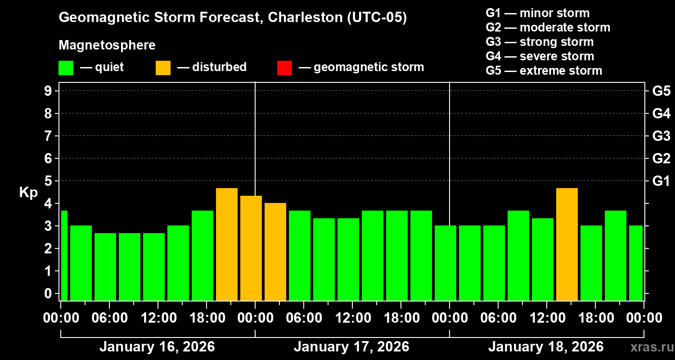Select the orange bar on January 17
point(275,252)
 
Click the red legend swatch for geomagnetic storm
point(284,67)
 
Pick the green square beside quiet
point(66,67)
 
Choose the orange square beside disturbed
point(163,67)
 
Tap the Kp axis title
point(28,193)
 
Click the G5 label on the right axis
point(661,91)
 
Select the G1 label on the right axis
point(661,181)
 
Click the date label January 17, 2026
point(351,347)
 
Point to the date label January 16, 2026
point(157,347)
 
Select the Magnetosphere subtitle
point(107,45)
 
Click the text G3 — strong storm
point(540,42)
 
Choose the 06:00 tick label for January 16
point(109,318)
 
